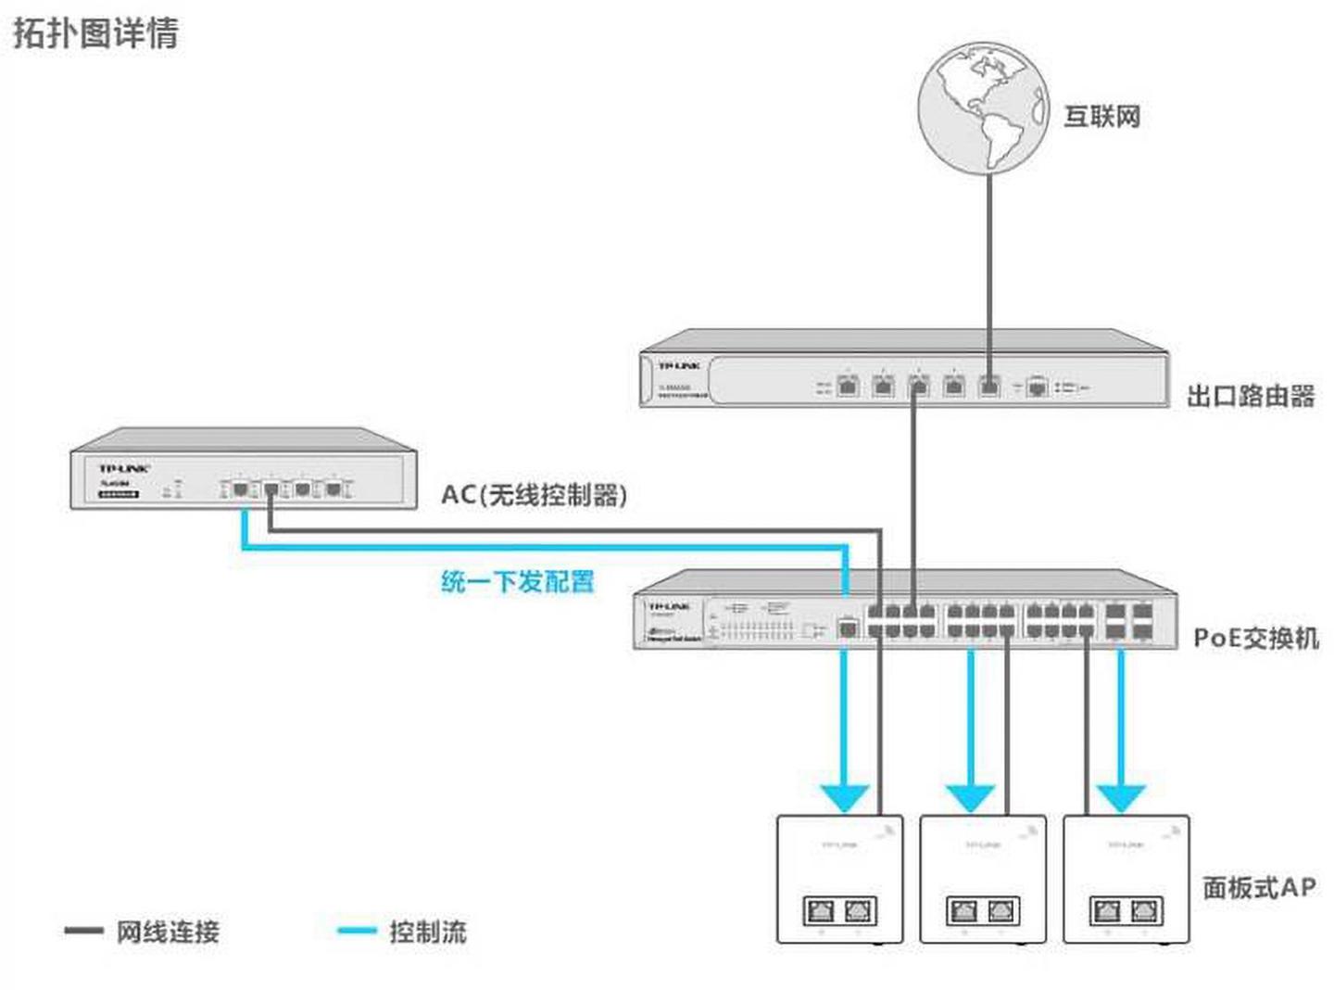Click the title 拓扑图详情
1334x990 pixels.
pyautogui.click(x=95, y=32)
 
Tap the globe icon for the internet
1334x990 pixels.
pyautogui.click(x=983, y=107)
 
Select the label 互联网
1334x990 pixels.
pyautogui.click(x=1101, y=117)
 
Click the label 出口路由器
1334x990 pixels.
pyautogui.click(x=1251, y=396)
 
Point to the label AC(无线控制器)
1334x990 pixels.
pyautogui.click(x=535, y=494)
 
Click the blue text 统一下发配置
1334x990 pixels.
pyautogui.click(x=517, y=581)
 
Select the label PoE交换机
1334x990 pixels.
pyautogui.click(x=1255, y=638)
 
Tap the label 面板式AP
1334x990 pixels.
pyautogui.click(x=1259, y=887)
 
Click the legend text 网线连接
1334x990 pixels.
pyautogui.click(x=168, y=932)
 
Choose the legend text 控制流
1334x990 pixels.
pyautogui.click(x=427, y=932)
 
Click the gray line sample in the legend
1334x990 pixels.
pyautogui.click(x=83, y=931)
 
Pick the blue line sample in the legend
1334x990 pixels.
pyautogui.click(x=357, y=931)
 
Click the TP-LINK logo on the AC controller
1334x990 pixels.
pyautogui.click(x=124, y=468)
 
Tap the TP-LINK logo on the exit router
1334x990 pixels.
pyautogui.click(x=679, y=366)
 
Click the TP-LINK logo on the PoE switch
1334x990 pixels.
pyautogui.click(x=668, y=605)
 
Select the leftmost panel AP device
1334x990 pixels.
pyautogui.click(x=839, y=879)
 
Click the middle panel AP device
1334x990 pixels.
pyautogui.click(x=983, y=879)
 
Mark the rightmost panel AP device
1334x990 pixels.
pyautogui.click(x=1126, y=879)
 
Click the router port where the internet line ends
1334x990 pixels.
pyautogui.click(x=989, y=385)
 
